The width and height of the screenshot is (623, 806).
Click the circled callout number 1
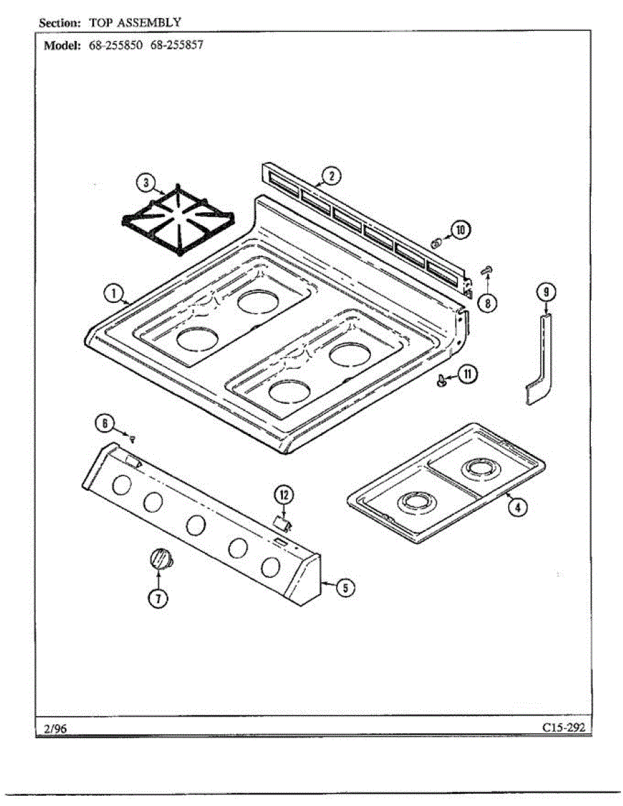pyautogui.click(x=114, y=293)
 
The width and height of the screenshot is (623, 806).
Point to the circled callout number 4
pyautogui.click(x=515, y=507)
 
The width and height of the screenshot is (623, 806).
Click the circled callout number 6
pyautogui.click(x=104, y=423)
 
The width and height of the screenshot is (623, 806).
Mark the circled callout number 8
pyautogui.click(x=487, y=303)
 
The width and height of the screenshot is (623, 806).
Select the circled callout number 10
pyautogui.click(x=461, y=230)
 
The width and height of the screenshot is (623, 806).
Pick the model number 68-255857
pyautogui.click(x=177, y=46)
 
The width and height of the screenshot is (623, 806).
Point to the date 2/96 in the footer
pyautogui.click(x=53, y=728)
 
